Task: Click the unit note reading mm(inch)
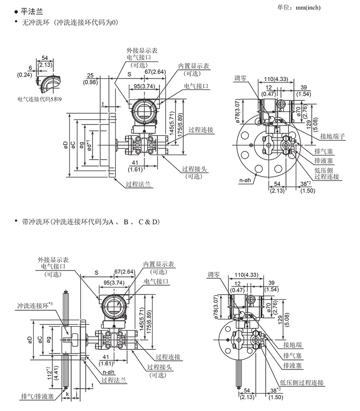(308, 8)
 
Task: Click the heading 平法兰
(32, 11)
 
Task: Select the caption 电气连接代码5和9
(39, 99)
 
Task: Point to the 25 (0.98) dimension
(90, 78)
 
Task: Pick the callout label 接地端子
(333, 136)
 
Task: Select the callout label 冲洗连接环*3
(35, 305)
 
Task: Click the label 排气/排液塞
(37, 396)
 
